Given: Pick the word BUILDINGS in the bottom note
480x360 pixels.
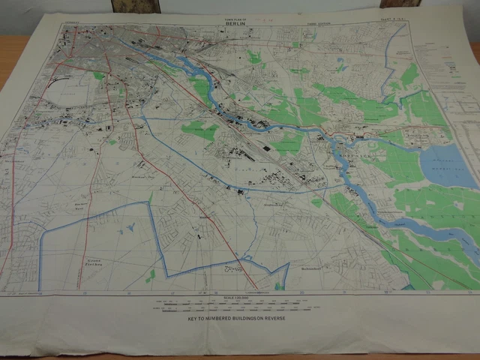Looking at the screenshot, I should [241, 318].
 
